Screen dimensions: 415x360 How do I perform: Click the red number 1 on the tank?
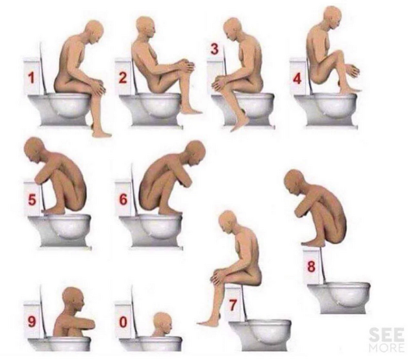tap(31, 77)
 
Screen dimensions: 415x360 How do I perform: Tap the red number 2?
tap(123, 77)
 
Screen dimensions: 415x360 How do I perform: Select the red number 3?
tap(214, 49)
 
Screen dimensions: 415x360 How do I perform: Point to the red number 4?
tap(297, 79)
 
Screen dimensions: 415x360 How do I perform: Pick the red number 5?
tap(32, 200)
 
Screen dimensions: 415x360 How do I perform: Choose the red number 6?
tap(123, 199)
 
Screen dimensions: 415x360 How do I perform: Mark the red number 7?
tap(233, 305)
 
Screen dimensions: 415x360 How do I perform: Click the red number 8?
tap(312, 266)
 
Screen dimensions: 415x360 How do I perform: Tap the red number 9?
tap(32, 322)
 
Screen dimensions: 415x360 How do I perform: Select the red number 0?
tap(123, 322)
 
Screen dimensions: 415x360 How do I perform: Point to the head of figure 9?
tap(73, 300)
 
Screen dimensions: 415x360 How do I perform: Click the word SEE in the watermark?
tap(386, 335)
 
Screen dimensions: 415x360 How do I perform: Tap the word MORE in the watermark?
tap(386, 347)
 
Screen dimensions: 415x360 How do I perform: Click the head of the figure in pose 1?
tap(94, 31)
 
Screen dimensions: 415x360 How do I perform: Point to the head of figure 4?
tap(332, 18)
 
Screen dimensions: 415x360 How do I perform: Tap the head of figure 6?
tap(195, 153)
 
